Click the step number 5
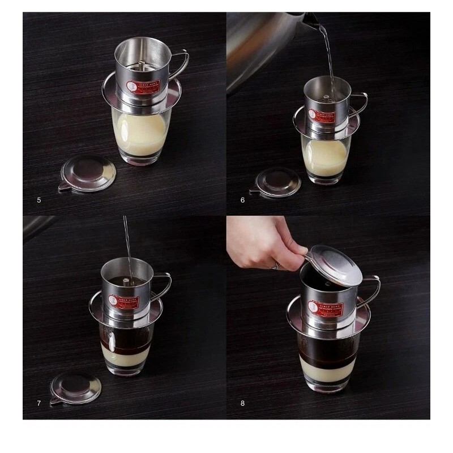point(39,200)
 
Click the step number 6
point(243,200)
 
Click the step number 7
point(39,404)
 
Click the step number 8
point(243,404)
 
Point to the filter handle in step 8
point(373,289)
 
